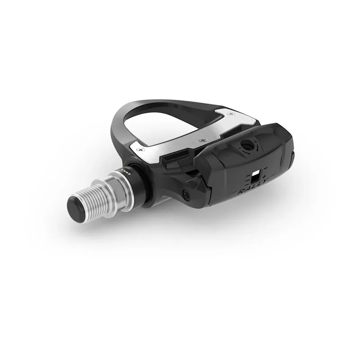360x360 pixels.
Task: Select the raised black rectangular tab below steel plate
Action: pos(174,158)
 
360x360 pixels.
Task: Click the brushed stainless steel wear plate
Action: pos(189,135)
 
